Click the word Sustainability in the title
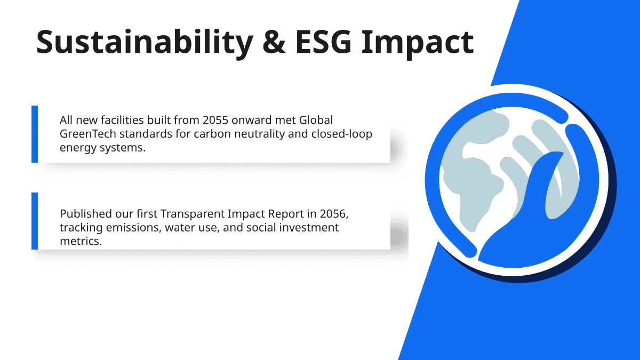pyautogui.click(x=145, y=43)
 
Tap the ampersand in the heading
pyautogui.click(x=274, y=42)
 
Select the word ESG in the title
pyautogui.click(x=323, y=42)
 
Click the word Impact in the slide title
pyautogui.click(x=418, y=43)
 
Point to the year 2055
pyautogui.click(x=215, y=121)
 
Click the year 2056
pyautogui.click(x=334, y=214)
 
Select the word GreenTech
pyautogui.click(x=87, y=134)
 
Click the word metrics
pyautogui.click(x=81, y=242)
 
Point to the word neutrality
pyautogui.click(x=259, y=134)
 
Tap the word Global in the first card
pyautogui.click(x=316, y=121)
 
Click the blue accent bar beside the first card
pyautogui.click(x=35, y=134)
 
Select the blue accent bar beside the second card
pyautogui.click(x=35, y=221)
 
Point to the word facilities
pyautogui.click(x=122, y=121)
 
